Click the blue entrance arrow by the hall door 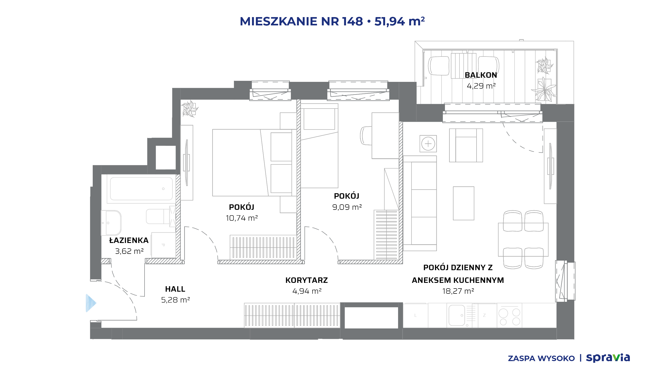coord(91,303)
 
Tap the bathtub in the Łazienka coord(141,189)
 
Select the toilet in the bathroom coord(161,217)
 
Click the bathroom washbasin coord(111,223)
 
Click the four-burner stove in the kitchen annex coord(509,317)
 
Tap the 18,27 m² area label coord(458,291)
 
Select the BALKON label coord(481,75)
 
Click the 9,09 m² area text coord(347,207)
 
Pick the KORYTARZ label coord(307,280)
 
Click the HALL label coord(175,289)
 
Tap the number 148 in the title coord(352,21)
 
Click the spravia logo coord(608,358)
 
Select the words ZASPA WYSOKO coord(541,358)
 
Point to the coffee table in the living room coord(464,203)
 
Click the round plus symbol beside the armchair coord(428,144)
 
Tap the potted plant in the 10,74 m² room coord(190,109)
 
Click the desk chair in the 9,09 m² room coord(366,135)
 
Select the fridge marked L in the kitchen coord(415,315)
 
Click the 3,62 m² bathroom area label coord(129,251)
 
